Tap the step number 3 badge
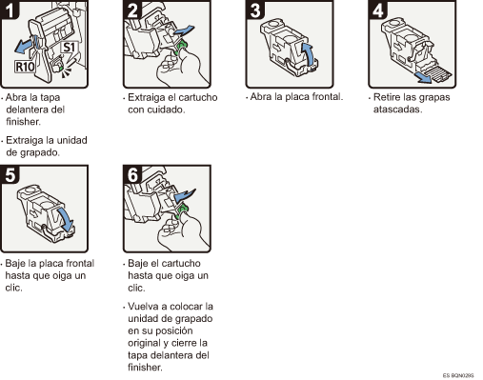(x=253, y=10)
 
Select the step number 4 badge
(x=374, y=10)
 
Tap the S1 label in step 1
(x=70, y=44)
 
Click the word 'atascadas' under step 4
(x=393, y=109)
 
